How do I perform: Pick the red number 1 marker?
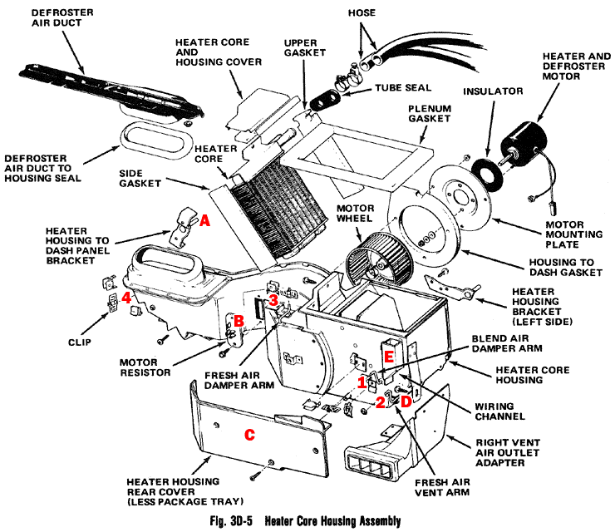[362, 382]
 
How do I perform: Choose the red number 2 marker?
[380, 403]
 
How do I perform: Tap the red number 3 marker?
[273, 300]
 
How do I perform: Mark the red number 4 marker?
[125, 297]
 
